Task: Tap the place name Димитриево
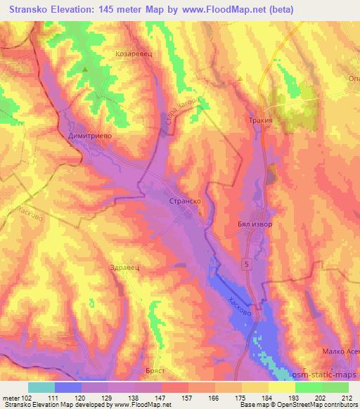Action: (89, 138)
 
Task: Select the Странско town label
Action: (186, 200)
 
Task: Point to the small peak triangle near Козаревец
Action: (86, 70)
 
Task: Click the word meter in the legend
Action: (10, 398)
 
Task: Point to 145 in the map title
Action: (113, 11)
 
